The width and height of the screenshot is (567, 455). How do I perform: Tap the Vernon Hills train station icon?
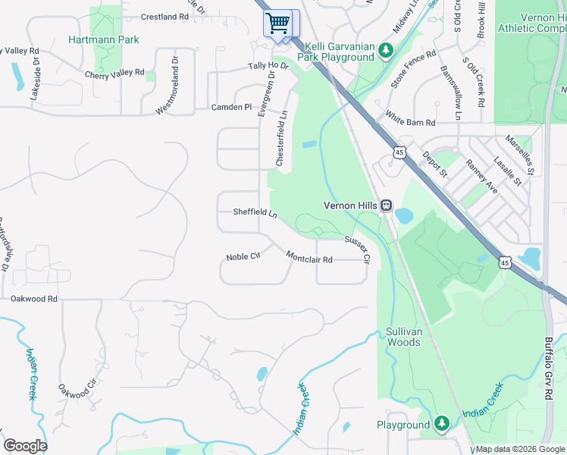(387, 205)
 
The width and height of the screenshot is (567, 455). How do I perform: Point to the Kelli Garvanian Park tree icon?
(386, 51)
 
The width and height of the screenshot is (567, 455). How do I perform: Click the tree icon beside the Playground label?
(443, 424)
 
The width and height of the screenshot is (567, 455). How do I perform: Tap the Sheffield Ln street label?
(255, 213)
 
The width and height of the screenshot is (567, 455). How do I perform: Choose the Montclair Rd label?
(309, 258)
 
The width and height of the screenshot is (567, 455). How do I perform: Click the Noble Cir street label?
(243, 257)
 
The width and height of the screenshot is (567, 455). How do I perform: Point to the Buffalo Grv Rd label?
(547, 369)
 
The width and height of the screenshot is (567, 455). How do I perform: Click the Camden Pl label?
(231, 108)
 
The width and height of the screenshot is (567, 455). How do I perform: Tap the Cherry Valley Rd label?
(114, 73)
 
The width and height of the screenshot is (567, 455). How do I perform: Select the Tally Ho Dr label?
(268, 66)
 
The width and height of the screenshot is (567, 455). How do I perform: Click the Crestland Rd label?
(164, 16)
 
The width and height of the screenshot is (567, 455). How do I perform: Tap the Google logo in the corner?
(25, 446)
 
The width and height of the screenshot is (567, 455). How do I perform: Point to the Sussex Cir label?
(357, 249)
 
